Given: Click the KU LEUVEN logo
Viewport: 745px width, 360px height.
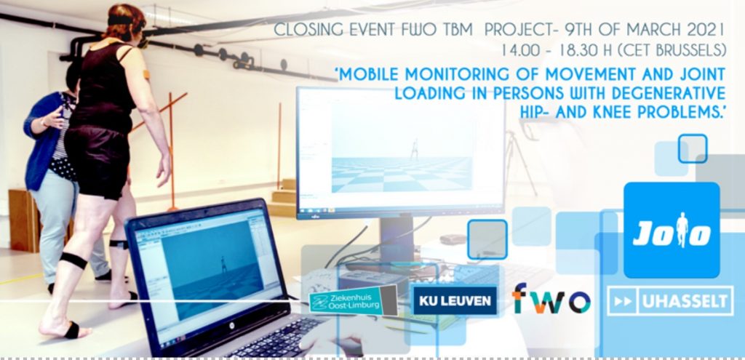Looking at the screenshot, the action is click(x=454, y=300).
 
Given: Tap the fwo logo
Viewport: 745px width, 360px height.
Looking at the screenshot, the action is click(x=551, y=299).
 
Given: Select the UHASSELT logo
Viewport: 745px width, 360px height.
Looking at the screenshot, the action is click(x=670, y=300).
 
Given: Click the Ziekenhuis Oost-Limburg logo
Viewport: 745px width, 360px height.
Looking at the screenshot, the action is click(x=353, y=300).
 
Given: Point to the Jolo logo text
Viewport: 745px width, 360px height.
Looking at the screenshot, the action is click(x=672, y=233).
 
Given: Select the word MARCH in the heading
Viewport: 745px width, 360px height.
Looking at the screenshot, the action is click(x=654, y=31).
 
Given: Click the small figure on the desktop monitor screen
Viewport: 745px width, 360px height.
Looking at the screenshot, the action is click(x=415, y=149).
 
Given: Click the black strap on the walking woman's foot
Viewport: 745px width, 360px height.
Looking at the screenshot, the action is click(x=72, y=330).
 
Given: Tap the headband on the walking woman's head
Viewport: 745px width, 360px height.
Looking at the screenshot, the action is click(x=120, y=20).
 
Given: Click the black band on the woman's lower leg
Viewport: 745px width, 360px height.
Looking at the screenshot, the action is click(x=73, y=260).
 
